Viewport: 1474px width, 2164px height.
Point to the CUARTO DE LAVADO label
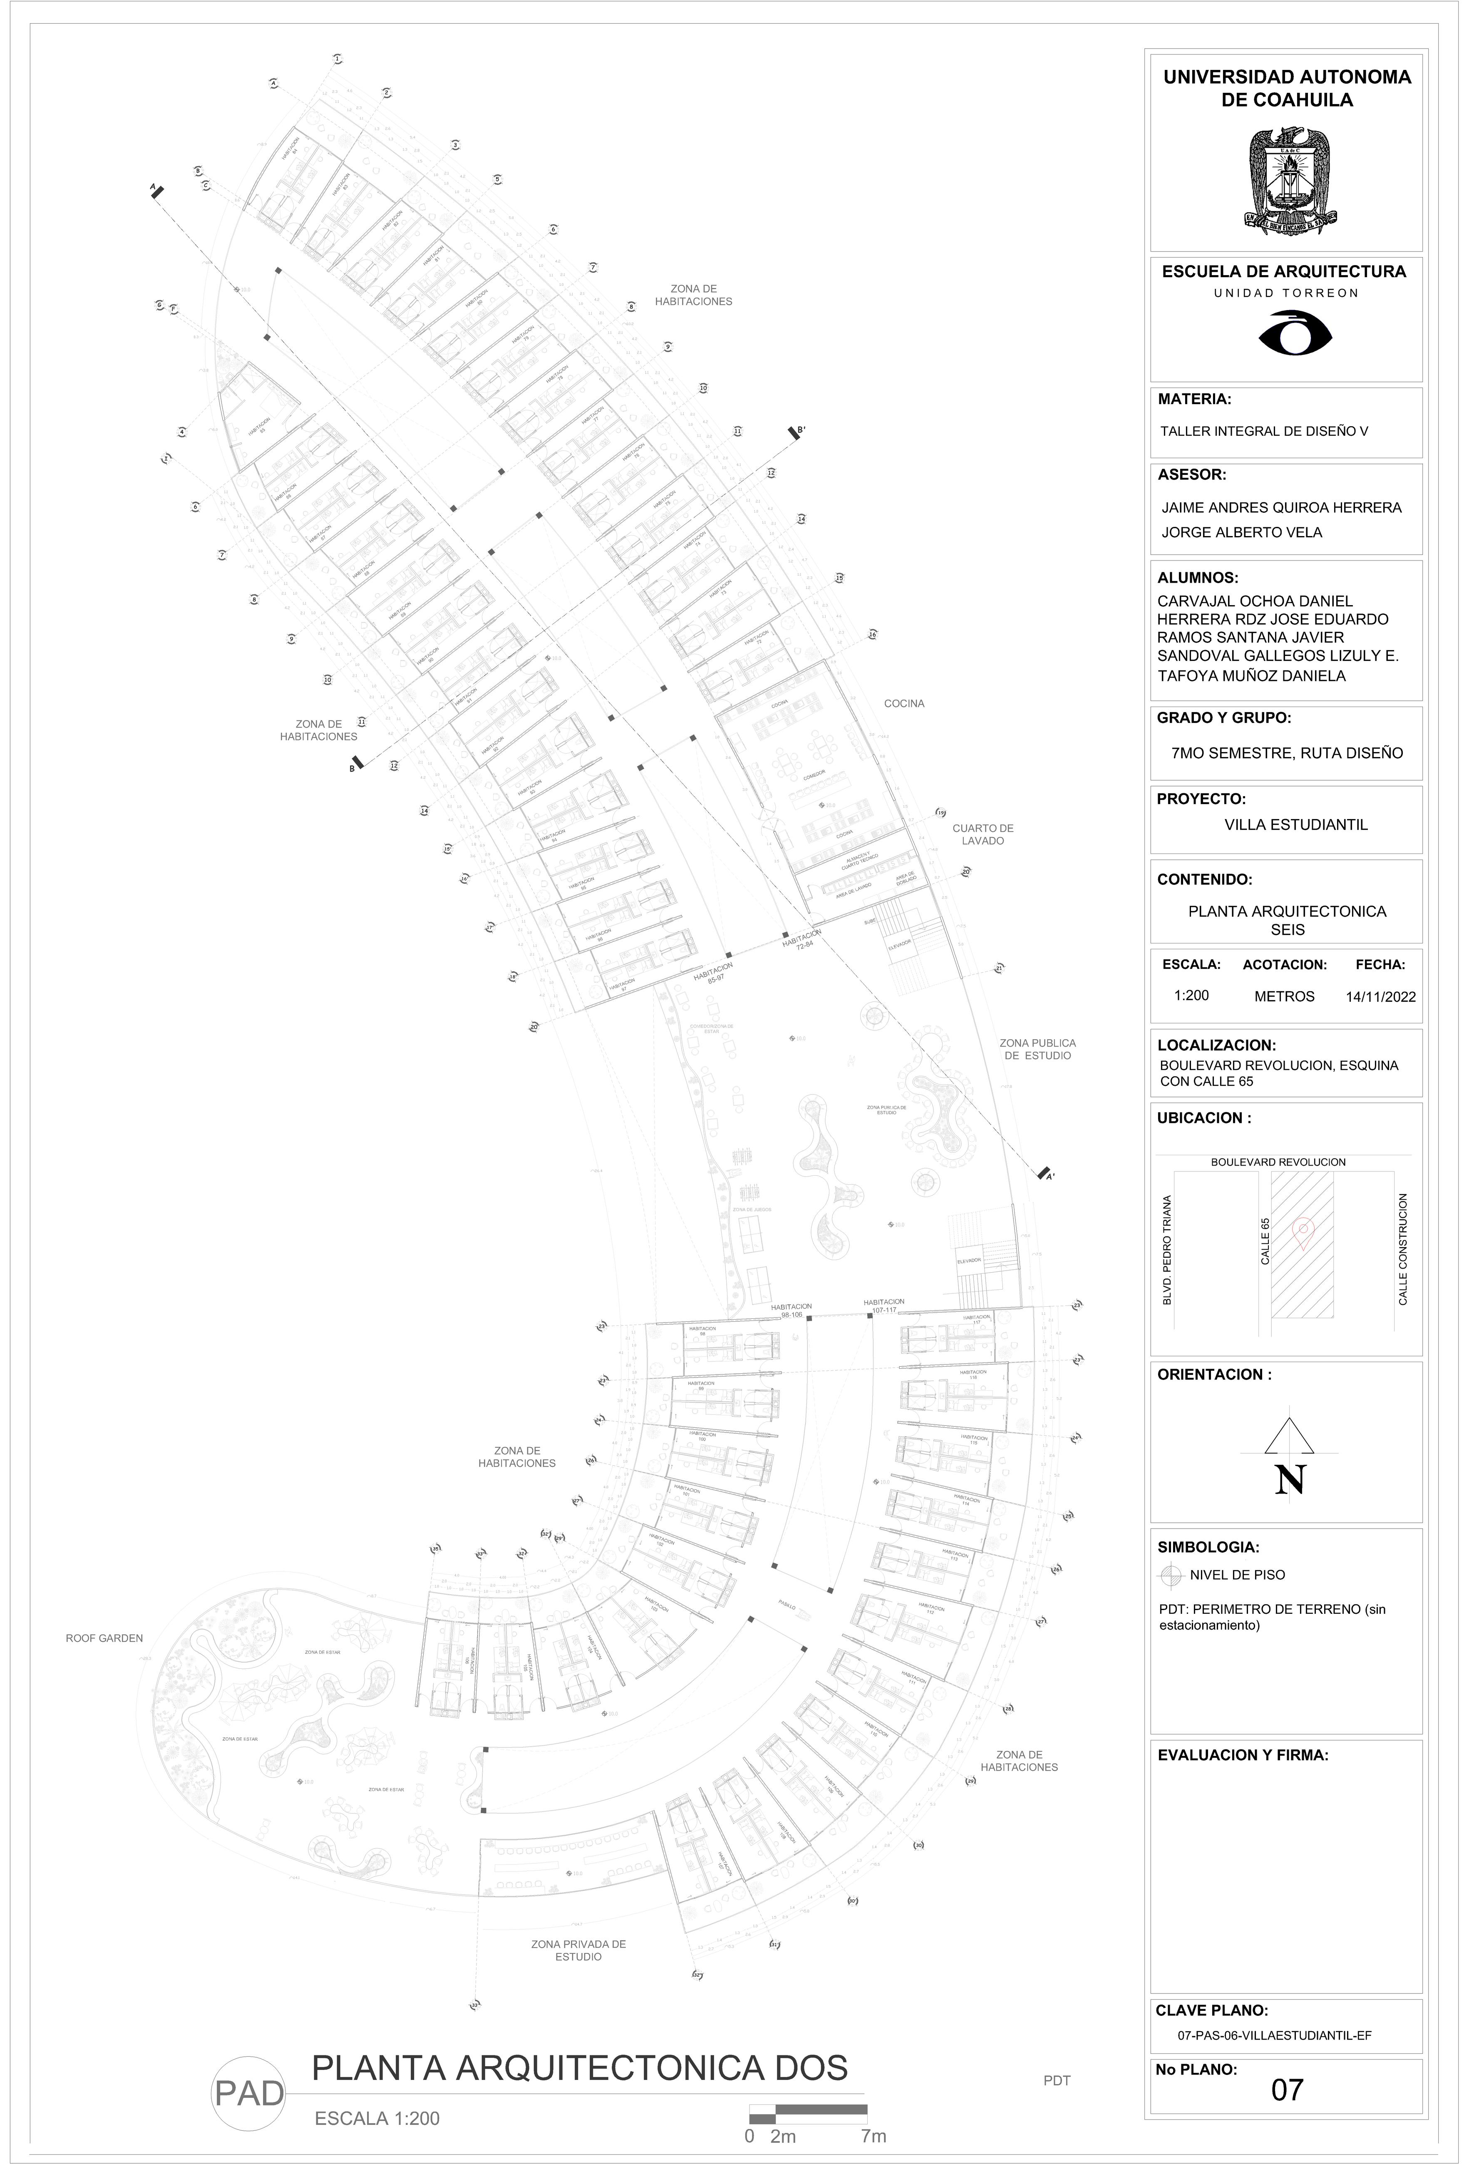(x=983, y=834)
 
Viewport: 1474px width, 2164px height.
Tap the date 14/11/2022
(x=1380, y=996)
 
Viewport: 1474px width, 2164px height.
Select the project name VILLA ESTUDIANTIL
(x=1295, y=825)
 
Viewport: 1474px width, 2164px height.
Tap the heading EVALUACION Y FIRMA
(x=1242, y=1755)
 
